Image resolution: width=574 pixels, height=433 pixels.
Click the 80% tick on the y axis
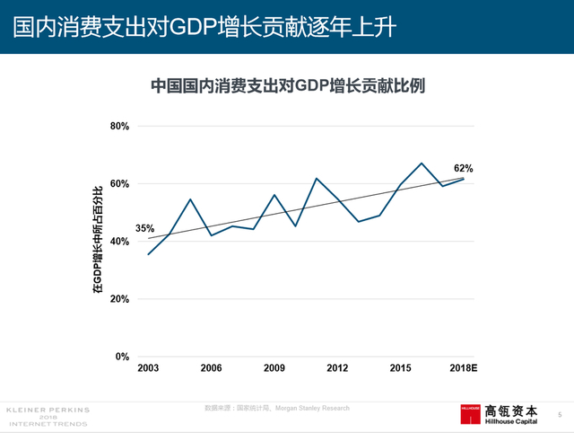[120, 127]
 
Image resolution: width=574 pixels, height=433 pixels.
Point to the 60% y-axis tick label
[120, 184]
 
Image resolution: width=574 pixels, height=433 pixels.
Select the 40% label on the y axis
[120, 242]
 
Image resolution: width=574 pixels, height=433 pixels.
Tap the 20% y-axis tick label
[120, 299]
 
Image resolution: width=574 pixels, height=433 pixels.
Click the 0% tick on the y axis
[123, 357]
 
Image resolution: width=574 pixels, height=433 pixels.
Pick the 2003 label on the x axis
[148, 368]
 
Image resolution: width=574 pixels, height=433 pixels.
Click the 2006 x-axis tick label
[211, 368]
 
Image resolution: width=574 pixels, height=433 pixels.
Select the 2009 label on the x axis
[274, 368]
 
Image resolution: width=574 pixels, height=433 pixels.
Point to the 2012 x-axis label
[337, 368]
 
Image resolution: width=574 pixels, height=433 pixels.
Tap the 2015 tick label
[400, 368]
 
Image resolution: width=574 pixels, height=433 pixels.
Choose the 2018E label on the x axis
[462, 368]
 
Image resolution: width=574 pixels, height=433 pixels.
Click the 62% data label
[463, 168]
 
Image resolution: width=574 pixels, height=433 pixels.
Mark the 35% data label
[145, 229]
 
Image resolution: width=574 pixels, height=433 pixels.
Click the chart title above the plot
[287, 86]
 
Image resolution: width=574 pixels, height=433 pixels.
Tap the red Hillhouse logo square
[471, 414]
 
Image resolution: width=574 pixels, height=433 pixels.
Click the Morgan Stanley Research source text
[314, 409]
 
